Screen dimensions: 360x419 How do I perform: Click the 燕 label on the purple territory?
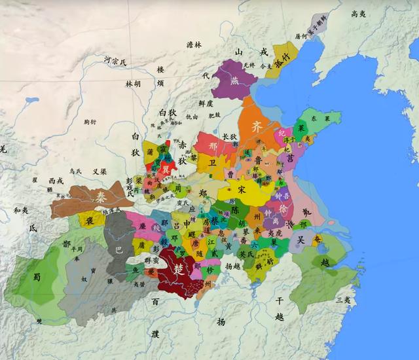(234, 81)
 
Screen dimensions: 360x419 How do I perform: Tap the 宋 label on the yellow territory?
(242, 190)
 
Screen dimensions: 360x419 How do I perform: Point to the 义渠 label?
(100, 171)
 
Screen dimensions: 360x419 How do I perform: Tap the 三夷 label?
(342, 300)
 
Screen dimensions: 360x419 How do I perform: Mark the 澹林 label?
(194, 45)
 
